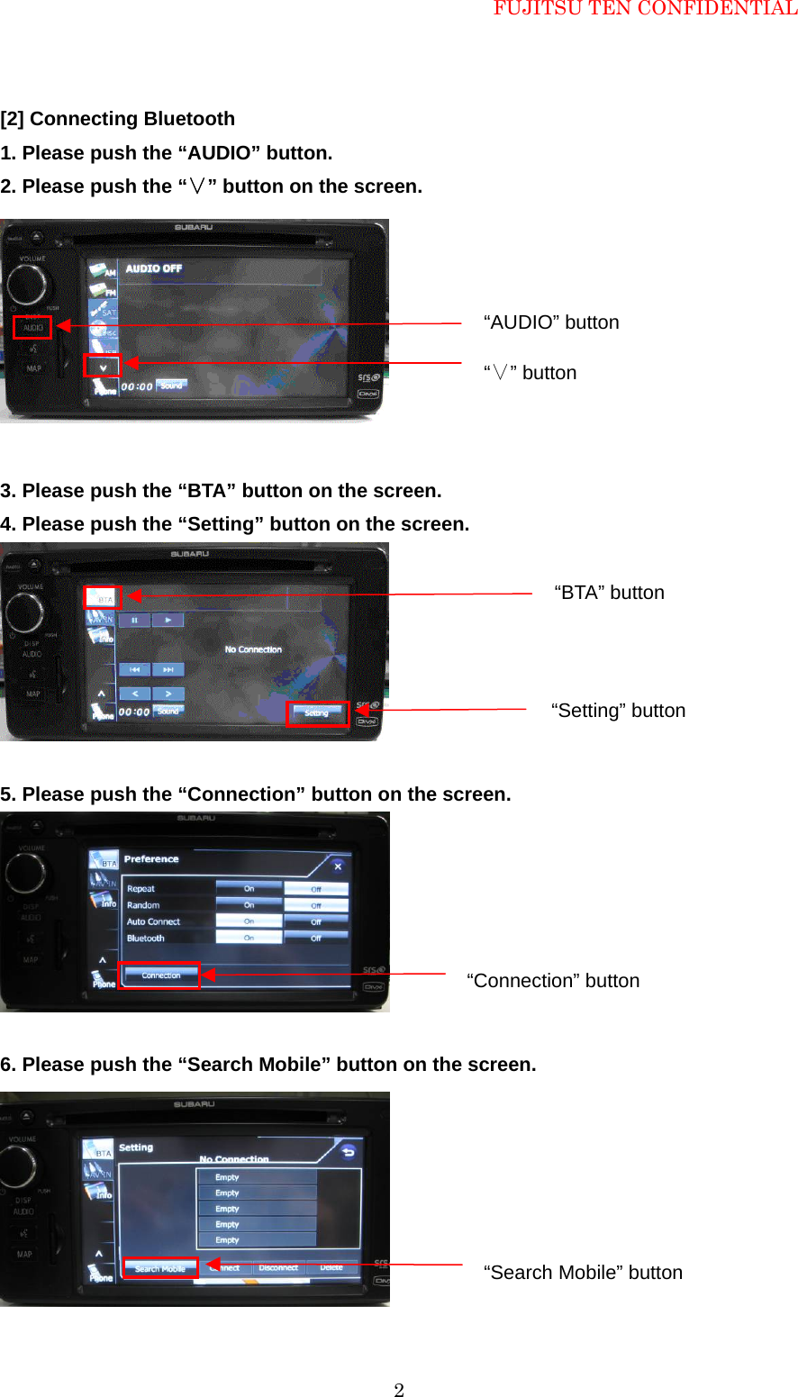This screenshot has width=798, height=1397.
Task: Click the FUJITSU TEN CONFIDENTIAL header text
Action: pos(645,9)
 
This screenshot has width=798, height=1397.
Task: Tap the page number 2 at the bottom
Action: pos(399,1390)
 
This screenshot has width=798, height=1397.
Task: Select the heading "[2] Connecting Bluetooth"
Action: pos(118,119)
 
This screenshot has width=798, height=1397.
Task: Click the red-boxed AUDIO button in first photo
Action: pos(32,327)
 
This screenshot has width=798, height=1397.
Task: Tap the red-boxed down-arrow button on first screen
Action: pos(103,366)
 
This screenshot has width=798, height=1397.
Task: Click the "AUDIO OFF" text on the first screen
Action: pos(153,268)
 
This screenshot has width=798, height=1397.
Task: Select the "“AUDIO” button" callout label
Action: pos(551,322)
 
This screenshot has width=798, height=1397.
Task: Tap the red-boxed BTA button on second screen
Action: pos(104,598)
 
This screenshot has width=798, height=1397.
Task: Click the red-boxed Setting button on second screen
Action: pos(317,713)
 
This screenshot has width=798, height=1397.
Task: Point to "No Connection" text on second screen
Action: pos(253,649)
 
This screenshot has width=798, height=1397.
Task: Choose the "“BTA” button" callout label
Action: pos(609,593)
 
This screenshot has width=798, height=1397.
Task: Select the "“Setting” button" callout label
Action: pos(618,711)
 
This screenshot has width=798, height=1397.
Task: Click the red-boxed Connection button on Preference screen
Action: pos(160,975)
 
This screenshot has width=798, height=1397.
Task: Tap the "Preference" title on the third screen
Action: pos(151,859)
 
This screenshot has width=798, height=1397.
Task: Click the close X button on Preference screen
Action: pos(338,866)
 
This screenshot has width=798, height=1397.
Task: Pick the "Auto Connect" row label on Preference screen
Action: pos(153,921)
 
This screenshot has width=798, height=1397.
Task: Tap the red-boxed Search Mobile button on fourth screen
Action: pos(160,1268)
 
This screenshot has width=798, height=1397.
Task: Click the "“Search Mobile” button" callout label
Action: pos(583,1273)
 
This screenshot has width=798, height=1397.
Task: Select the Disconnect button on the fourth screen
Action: pos(278,1267)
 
